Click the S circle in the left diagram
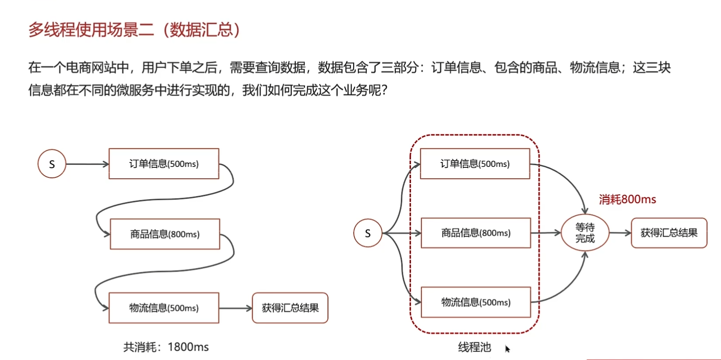[52, 164]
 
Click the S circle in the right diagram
[368, 233]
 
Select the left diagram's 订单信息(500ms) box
[164, 164]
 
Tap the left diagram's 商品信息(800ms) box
[165, 234]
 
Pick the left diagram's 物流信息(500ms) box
[164, 308]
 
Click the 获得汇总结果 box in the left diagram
[290, 308]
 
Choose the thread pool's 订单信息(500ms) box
[475, 164]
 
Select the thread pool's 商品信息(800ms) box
[476, 233]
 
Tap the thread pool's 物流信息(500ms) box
[476, 302]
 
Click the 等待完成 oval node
[585, 233]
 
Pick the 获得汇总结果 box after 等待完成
[669, 233]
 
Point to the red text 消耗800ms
[627, 200]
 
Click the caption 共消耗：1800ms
[166, 347]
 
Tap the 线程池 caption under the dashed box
[474, 347]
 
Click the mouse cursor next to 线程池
[507, 349]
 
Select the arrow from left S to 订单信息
[87, 164]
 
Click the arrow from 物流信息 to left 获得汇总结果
[235, 308]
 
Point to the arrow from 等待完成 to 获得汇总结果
[620, 233]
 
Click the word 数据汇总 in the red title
[201, 30]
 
